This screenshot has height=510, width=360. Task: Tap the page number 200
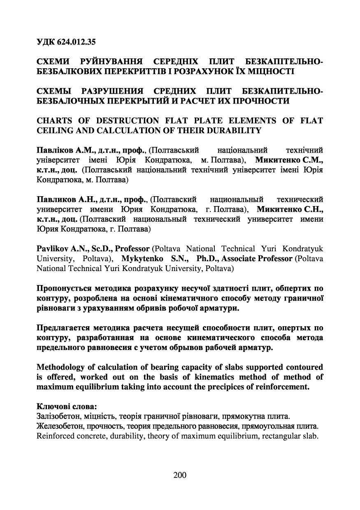[x=180, y=475]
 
